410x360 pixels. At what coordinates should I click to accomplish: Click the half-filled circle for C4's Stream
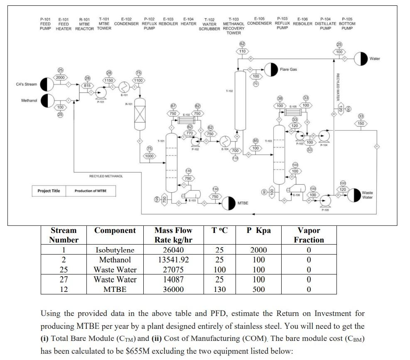click(47, 85)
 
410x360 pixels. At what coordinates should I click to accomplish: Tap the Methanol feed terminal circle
click(47, 100)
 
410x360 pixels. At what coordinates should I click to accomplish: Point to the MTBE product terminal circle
click(229, 203)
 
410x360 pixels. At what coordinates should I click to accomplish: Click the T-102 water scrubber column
click(239, 100)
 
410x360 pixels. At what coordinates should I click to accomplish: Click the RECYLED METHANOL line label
click(106, 176)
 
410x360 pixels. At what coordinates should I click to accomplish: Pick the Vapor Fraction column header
click(309, 235)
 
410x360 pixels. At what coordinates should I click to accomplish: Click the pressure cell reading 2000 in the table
click(258, 250)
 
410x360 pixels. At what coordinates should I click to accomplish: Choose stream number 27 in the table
click(64, 279)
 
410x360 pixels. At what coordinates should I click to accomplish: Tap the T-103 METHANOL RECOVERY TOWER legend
click(234, 26)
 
